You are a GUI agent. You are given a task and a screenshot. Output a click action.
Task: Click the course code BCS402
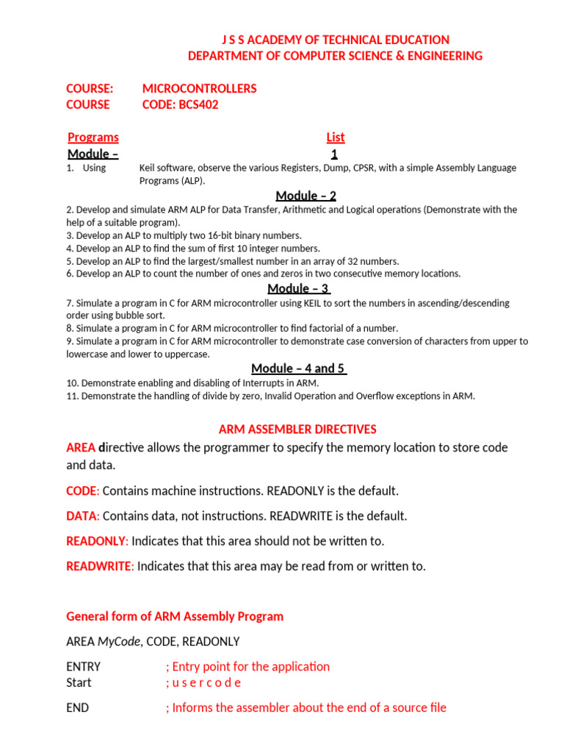pos(199,104)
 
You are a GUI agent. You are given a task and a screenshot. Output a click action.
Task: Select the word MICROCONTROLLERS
pos(199,88)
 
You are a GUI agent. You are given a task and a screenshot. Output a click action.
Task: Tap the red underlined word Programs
pos(93,137)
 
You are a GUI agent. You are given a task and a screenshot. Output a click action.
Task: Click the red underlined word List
pos(335,137)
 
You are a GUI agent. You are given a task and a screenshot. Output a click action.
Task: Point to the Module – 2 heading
pos(306,195)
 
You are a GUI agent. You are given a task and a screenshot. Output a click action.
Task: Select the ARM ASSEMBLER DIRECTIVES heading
pos(297,429)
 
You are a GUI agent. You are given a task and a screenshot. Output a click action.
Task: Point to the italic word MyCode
pos(118,641)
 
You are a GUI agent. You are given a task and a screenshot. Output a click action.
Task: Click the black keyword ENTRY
pos(83,666)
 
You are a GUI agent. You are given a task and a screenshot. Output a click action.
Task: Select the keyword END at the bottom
pos(77,707)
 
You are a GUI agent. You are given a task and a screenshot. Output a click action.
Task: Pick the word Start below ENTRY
pos(79,682)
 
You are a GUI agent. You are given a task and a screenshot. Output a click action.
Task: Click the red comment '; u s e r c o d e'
pos(203,682)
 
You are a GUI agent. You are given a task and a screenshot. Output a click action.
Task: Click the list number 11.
pos(72,396)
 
